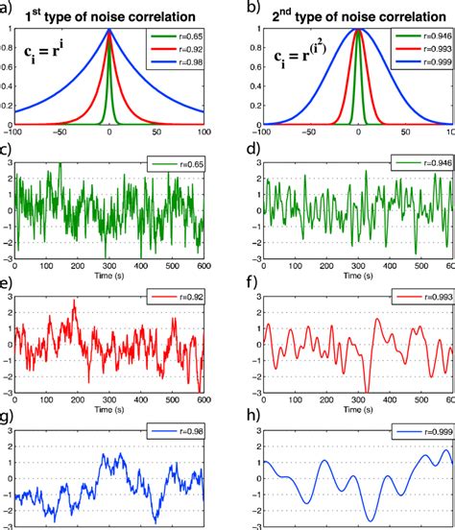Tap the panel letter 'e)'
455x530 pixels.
[x=8, y=283]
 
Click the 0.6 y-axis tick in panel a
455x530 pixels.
[x=8, y=70]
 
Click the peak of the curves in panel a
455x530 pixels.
[x=109, y=31]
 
